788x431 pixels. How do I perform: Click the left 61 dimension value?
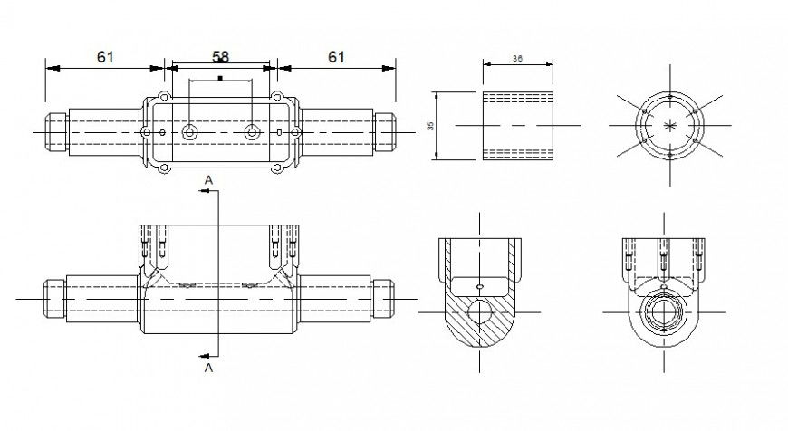pyautogui.click(x=105, y=57)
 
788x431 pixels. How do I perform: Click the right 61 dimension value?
pyautogui.click(x=336, y=57)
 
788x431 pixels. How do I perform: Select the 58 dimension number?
pyautogui.click(x=220, y=56)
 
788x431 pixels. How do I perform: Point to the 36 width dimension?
pyautogui.click(x=517, y=58)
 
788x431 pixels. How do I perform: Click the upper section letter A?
pyautogui.click(x=208, y=181)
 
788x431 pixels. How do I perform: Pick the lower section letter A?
pyautogui.click(x=208, y=369)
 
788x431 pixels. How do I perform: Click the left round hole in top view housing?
pyautogui.click(x=189, y=132)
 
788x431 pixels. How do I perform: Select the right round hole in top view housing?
pyautogui.click(x=252, y=132)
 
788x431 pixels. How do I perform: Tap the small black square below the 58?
pyautogui.click(x=220, y=79)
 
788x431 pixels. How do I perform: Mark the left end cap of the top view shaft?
pyautogui.click(x=54, y=132)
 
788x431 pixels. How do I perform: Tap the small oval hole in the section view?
pyautogui.click(x=479, y=288)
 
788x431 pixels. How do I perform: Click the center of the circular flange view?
pyautogui.click(x=669, y=125)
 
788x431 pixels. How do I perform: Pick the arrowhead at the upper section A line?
pyautogui.click(x=202, y=191)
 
